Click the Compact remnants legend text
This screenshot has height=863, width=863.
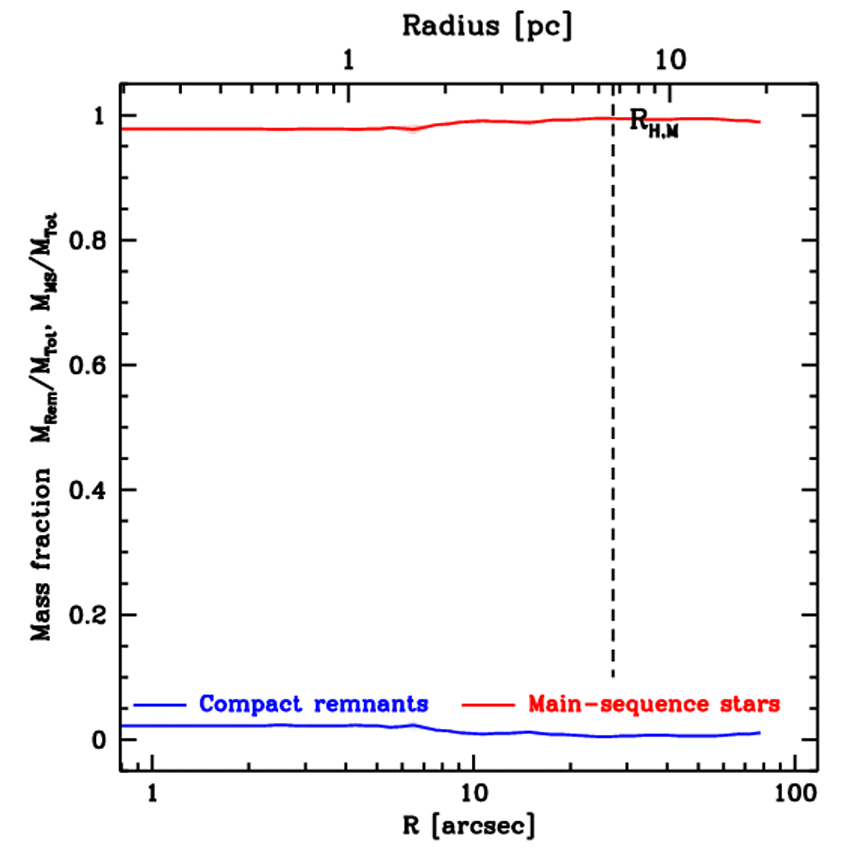click(314, 703)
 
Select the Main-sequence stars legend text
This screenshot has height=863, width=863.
click(653, 703)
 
